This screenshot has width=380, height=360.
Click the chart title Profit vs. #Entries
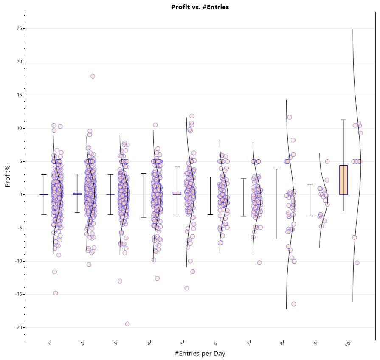click(200, 7)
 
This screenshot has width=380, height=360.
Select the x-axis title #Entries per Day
click(200, 353)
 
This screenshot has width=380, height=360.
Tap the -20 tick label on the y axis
click(17, 327)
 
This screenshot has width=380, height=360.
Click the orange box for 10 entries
click(343, 180)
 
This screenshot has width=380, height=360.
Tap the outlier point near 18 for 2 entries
click(93, 76)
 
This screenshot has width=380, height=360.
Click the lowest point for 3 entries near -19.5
click(127, 324)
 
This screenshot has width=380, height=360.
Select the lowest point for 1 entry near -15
click(56, 293)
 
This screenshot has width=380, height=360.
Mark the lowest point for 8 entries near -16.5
click(293, 304)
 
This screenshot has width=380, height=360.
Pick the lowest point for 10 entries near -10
click(357, 263)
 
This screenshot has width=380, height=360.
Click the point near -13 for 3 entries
click(120, 281)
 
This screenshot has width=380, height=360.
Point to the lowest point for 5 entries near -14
click(186, 288)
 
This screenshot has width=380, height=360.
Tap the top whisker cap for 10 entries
click(343, 120)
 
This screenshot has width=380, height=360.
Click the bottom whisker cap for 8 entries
click(277, 239)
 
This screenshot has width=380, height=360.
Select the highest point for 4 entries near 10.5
click(155, 125)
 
